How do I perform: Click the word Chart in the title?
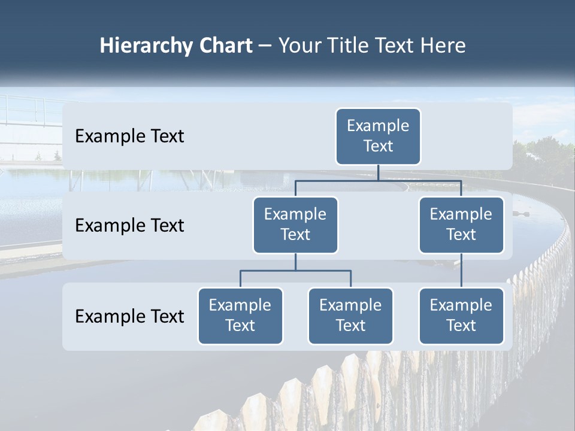[225, 46]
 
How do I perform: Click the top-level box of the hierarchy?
[378, 136]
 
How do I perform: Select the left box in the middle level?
[295, 225]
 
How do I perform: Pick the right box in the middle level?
[461, 225]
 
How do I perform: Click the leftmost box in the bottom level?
[240, 316]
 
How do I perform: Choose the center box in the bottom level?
[350, 316]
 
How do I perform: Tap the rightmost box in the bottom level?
[461, 316]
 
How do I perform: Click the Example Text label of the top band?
[129, 136]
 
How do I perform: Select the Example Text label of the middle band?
[129, 226]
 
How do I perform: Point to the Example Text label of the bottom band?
[129, 316]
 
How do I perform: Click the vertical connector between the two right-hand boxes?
[461, 271]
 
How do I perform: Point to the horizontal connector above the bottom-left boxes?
[295, 271]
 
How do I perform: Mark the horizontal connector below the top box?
[378, 180]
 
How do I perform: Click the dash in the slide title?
[265, 47]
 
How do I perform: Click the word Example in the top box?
[378, 126]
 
